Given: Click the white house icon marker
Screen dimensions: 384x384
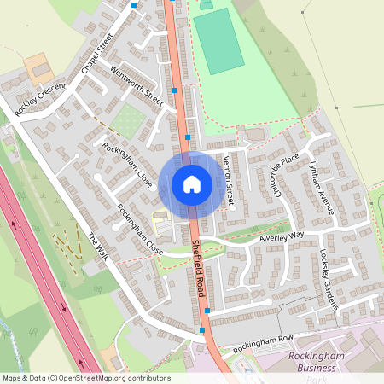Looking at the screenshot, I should click(x=192, y=183).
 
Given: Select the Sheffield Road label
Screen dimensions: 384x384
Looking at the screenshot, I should click(x=196, y=265).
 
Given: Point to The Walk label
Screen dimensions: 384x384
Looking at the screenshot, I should click(x=99, y=247).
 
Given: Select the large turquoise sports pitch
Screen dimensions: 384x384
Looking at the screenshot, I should click(x=218, y=41).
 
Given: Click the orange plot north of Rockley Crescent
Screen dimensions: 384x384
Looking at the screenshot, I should click(x=38, y=66).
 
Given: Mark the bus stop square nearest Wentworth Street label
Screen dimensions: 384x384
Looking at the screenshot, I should click(x=175, y=90).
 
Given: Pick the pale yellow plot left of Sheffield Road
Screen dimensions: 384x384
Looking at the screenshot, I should click(x=160, y=220).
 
